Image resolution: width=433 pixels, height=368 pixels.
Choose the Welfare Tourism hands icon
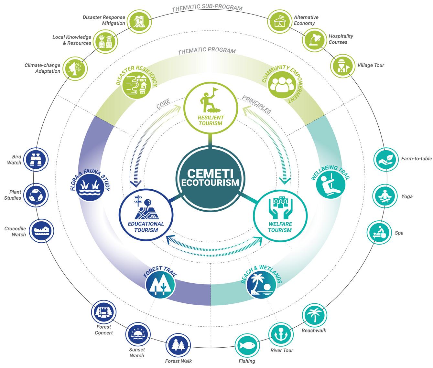tap(280, 207)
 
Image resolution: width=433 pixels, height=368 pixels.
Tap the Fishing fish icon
tap(247, 346)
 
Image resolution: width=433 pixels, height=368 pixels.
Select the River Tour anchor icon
tap(281, 334)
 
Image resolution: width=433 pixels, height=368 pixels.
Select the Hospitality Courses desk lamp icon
tap(314, 39)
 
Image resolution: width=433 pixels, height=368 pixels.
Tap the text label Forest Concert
tap(103, 330)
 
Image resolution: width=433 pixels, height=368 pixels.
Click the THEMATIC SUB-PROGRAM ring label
tap(207, 8)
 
